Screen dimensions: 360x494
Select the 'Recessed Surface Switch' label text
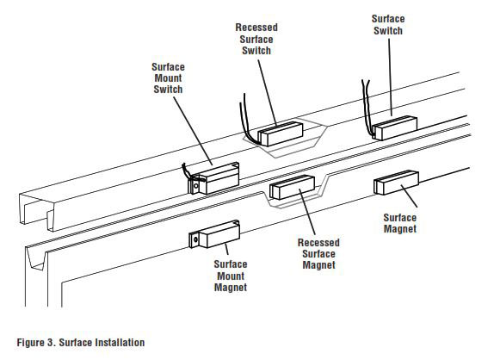point(256,39)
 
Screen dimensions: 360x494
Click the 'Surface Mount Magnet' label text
point(231,276)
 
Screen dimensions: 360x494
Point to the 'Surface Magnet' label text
point(400,224)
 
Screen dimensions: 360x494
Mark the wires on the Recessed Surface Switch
point(244,121)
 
